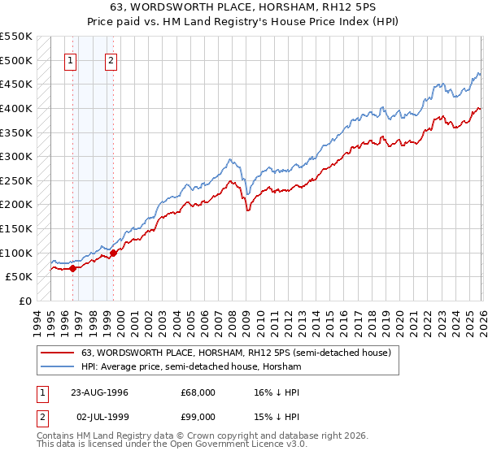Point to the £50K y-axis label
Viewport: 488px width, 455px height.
19,277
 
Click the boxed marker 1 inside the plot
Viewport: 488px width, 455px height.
71,59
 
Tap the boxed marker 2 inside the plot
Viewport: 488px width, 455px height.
111,59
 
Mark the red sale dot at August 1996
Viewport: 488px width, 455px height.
72,268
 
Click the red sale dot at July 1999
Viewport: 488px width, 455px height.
113,253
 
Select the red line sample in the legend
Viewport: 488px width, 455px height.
58,353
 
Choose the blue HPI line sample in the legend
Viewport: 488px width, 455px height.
58,366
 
